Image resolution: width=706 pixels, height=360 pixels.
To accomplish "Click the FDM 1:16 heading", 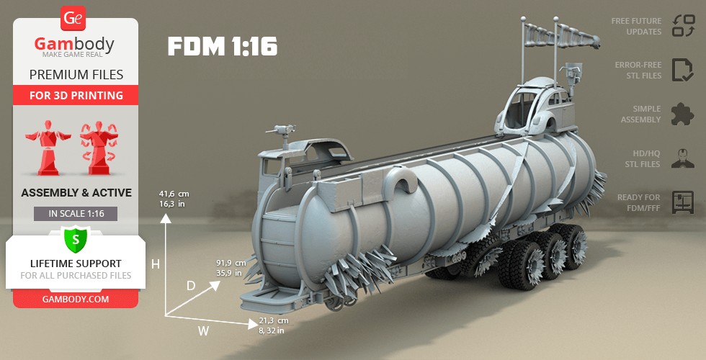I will click(222, 47).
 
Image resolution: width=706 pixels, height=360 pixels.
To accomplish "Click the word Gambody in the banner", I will click(75, 45).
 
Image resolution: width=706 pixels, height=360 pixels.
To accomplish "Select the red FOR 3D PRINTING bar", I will click(76, 95).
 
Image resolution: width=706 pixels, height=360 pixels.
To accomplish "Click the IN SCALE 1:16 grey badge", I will click(76, 214).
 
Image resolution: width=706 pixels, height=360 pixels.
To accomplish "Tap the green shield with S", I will click(76, 238).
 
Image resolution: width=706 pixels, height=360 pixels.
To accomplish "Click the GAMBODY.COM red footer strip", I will click(76, 298).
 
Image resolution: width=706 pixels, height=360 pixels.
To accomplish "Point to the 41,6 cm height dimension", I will click(174, 199).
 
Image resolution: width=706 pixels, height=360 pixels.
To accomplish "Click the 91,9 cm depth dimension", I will click(231, 268).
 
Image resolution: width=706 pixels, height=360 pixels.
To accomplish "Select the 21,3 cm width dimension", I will click(273, 325).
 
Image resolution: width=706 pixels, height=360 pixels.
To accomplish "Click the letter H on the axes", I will click(155, 264).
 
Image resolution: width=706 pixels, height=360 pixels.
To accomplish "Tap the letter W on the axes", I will click(203, 331).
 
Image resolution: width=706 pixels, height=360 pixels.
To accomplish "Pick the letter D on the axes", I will click(191, 286).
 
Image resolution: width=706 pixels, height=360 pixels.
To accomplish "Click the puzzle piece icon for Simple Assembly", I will click(682, 114).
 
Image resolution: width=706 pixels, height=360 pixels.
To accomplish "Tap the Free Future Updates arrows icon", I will click(682, 26).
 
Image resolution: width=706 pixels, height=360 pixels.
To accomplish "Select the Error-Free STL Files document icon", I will click(682, 70).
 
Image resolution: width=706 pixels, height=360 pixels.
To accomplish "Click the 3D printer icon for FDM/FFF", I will click(682, 202).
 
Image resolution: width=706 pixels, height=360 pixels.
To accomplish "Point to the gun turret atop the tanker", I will click(281, 131).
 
